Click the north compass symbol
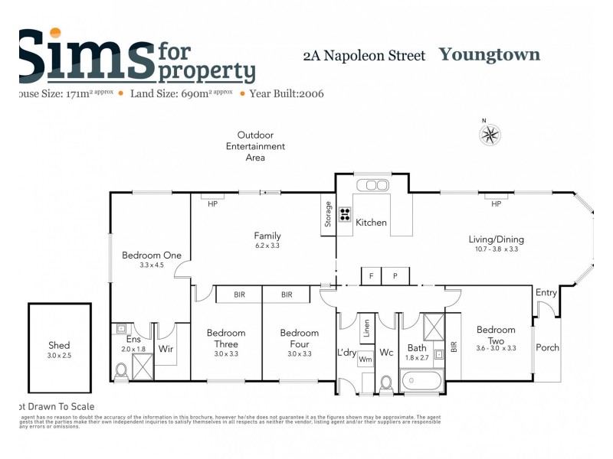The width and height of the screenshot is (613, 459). point(490,135)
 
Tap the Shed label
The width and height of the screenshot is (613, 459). point(59,346)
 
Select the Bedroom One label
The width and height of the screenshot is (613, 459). point(152,256)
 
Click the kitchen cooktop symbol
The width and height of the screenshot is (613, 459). point(345,214)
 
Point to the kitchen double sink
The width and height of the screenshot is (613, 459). point(372,184)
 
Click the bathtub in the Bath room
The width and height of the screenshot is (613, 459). point(422,380)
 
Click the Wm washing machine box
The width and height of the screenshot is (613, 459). point(366,359)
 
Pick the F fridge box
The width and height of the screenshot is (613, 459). point(372,276)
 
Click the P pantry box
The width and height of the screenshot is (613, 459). point(395,276)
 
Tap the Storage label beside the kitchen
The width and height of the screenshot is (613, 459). point(328,213)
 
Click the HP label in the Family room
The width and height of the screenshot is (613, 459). point(212,204)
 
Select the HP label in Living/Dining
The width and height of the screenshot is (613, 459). point(496,204)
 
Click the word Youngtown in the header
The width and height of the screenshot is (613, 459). point(489,54)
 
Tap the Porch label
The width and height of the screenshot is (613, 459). point(547,348)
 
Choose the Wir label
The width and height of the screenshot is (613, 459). point(166,349)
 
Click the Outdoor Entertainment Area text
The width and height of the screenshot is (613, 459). point(255,146)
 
